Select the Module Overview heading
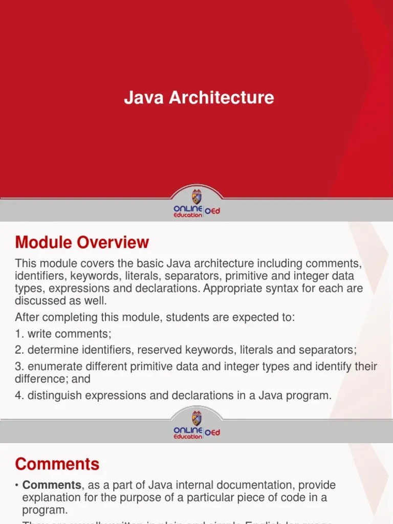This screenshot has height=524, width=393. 82,242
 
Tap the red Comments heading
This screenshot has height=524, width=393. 57,464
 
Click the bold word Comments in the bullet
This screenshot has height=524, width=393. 52,485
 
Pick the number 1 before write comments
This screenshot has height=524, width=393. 18,334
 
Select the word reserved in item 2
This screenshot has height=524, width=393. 167,350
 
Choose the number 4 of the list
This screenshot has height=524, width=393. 18,395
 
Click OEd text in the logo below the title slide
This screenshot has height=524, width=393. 212,211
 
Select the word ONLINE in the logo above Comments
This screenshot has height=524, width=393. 188,430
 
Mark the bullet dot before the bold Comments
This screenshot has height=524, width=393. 17,485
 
